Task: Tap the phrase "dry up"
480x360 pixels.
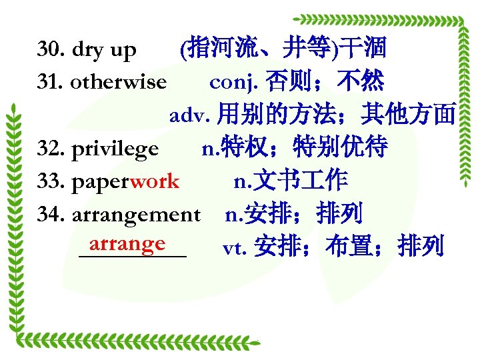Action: click(103, 50)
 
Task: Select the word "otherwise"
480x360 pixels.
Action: click(118, 83)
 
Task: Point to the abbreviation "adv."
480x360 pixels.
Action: click(189, 115)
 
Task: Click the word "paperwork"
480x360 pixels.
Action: click(125, 181)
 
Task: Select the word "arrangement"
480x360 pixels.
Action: click(135, 215)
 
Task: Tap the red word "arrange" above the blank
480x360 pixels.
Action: click(127, 243)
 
